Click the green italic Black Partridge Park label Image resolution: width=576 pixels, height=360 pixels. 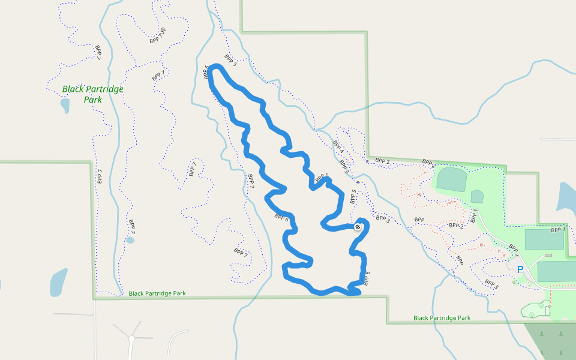92,94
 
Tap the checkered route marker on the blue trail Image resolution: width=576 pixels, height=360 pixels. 358,227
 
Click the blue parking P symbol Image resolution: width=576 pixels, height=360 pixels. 520,270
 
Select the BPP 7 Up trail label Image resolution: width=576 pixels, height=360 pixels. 158,36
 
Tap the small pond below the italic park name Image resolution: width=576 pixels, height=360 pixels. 65,106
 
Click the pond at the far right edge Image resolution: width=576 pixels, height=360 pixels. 567,197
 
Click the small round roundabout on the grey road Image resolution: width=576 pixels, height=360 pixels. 131,339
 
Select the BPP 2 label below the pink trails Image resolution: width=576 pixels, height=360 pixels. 457,226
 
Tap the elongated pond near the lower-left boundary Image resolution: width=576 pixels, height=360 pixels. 58,282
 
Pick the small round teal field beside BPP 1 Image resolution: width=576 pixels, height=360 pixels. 477,196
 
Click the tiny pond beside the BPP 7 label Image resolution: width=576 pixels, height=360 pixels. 130,240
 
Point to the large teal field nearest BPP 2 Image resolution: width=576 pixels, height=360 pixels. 452,179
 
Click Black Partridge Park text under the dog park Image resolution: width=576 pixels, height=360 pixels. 442,317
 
